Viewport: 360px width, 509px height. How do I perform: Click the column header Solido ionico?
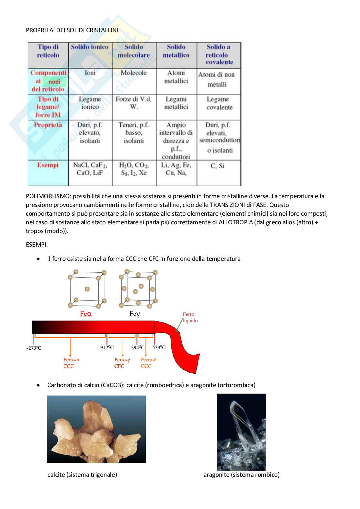(90, 47)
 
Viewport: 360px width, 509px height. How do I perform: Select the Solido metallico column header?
(176, 51)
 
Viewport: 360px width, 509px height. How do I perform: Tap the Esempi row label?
(48, 165)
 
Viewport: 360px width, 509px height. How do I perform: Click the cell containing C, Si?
(217, 166)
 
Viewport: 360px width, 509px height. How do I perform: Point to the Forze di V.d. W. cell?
(134, 103)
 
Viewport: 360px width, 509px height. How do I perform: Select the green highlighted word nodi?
(54, 82)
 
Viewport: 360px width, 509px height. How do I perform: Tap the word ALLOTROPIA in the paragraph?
(235, 222)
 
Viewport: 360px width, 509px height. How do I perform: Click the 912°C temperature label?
(107, 347)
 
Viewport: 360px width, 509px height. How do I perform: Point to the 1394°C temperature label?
(136, 347)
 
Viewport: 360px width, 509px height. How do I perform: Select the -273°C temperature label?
(34, 348)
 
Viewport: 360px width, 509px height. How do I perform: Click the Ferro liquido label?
(190, 318)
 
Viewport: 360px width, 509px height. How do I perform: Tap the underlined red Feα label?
(86, 314)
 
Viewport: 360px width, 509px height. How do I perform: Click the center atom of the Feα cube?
(87, 289)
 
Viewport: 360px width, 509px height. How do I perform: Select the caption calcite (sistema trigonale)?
(82, 475)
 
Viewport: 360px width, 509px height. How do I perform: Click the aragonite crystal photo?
(241, 432)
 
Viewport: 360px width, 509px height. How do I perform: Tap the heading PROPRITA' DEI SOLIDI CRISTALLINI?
(72, 30)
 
